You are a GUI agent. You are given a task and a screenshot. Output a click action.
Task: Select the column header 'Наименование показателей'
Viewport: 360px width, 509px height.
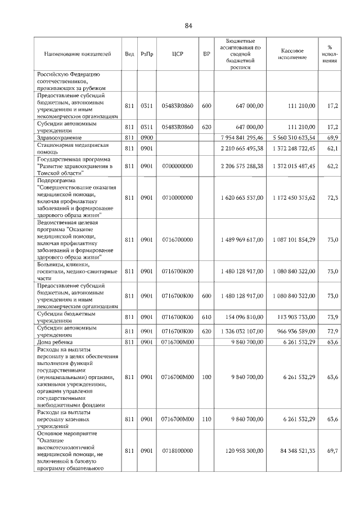click(x=78, y=54)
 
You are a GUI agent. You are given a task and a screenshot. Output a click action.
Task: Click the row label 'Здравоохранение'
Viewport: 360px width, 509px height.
click(x=60, y=137)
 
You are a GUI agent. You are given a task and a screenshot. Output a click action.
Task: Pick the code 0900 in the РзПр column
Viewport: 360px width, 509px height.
click(x=147, y=137)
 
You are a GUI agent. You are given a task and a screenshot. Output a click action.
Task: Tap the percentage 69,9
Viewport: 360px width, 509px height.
click(x=332, y=137)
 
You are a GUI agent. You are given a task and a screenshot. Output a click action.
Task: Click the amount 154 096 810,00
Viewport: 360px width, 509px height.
click(x=242, y=317)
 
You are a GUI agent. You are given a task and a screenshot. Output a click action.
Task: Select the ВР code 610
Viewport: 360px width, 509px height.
click(x=206, y=317)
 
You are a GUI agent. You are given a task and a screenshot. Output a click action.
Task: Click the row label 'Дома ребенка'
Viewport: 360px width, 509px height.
click(x=56, y=342)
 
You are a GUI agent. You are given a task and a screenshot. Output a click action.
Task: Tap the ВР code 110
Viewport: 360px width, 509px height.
click(x=206, y=419)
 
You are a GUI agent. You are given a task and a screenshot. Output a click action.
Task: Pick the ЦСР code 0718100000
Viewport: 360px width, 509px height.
click(x=177, y=451)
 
